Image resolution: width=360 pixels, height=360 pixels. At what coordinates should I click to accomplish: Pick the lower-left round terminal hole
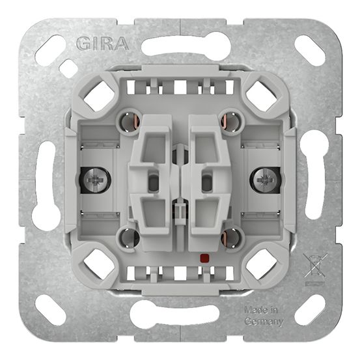pos(128,237)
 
